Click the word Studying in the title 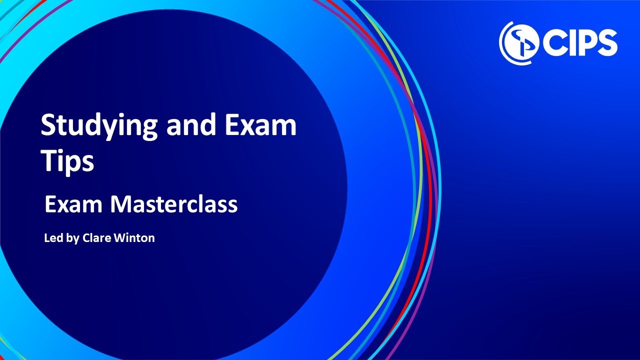pos(99,127)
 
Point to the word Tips pos(67,161)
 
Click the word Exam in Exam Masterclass pos(73,204)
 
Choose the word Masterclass pos(173,204)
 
